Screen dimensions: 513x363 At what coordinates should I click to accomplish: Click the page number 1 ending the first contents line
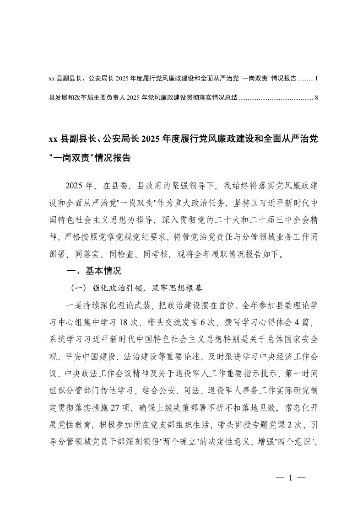tap(316, 79)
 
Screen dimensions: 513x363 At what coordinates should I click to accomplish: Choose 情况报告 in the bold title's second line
tap(113, 158)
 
